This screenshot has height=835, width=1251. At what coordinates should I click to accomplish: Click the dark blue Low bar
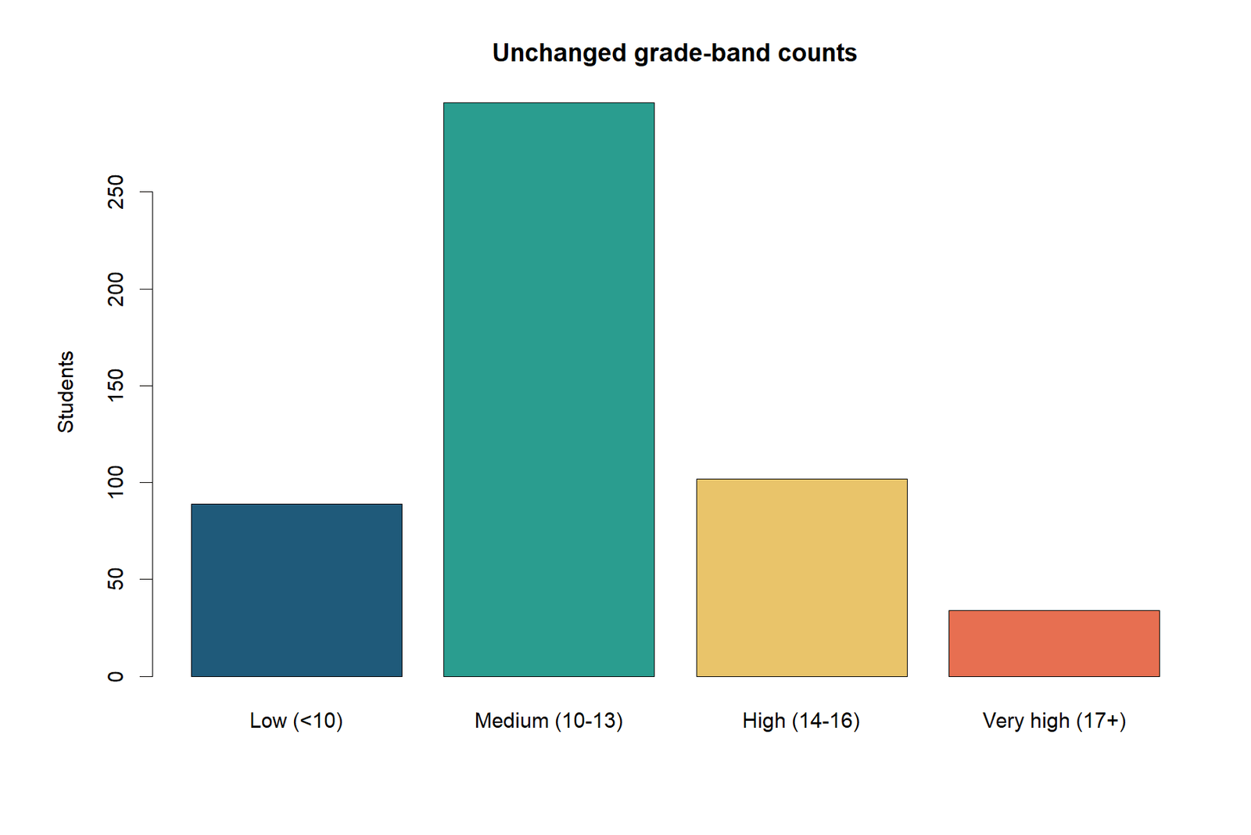[x=296, y=590]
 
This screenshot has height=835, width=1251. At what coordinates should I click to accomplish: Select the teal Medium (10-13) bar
[x=549, y=390]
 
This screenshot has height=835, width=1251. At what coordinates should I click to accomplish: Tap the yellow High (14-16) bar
[x=801, y=578]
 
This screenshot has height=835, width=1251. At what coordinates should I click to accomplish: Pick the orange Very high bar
[x=1054, y=643]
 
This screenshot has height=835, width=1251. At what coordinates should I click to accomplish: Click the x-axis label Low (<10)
[x=296, y=721]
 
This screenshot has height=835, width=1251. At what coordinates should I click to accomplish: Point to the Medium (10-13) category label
[x=549, y=721]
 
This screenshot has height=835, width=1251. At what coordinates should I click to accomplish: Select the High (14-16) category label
[x=801, y=721]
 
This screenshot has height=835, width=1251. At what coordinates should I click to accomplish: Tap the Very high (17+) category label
[x=1054, y=721]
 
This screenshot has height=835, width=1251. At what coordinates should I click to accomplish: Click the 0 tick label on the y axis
[x=116, y=676]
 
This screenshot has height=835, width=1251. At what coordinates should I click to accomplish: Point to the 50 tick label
[x=116, y=580]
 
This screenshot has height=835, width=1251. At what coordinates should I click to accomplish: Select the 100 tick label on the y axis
[x=116, y=482]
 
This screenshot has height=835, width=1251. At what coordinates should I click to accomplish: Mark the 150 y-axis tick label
[x=116, y=386]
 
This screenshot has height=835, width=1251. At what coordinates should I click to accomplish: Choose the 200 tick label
[x=116, y=289]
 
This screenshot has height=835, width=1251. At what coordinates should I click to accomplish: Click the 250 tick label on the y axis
[x=116, y=193]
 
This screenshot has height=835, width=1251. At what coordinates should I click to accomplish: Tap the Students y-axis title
[x=66, y=392]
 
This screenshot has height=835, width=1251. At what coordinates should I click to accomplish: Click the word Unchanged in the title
[x=559, y=53]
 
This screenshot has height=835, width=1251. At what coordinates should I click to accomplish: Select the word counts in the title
[x=817, y=54]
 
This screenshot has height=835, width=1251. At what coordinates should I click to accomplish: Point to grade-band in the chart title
[x=702, y=54]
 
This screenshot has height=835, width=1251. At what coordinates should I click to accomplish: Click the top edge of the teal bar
[x=549, y=103]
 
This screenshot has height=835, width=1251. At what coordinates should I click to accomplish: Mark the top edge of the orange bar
[x=1054, y=610]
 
